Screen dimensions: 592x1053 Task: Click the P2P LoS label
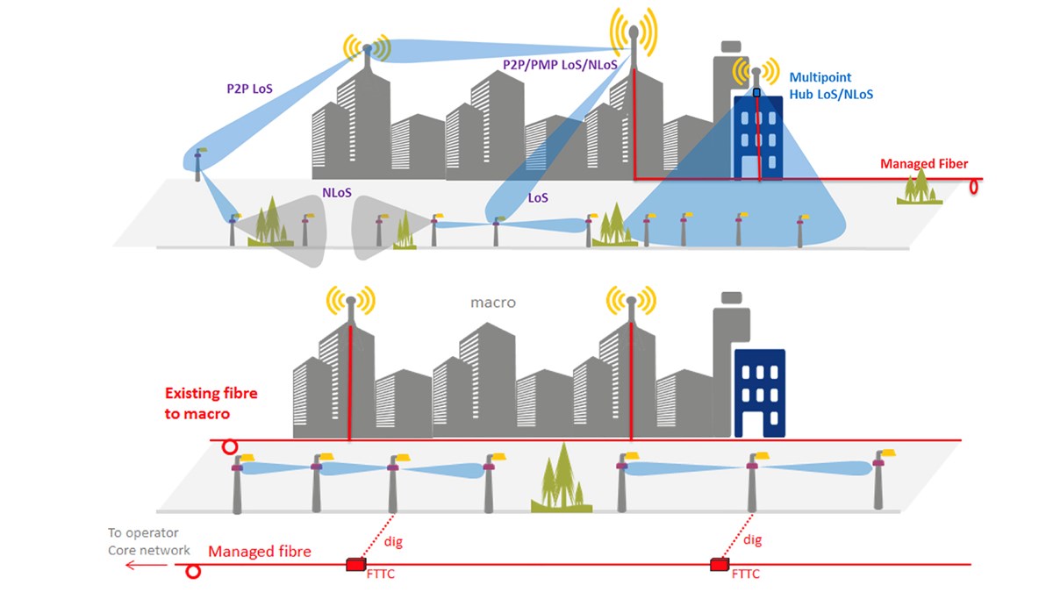[248, 89]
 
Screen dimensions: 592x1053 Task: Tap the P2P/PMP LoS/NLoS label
[560, 65]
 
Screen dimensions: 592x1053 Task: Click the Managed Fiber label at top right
[923, 164]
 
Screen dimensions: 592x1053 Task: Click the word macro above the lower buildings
[493, 303]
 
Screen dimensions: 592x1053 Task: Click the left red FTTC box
[356, 564]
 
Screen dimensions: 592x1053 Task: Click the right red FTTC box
[720, 564]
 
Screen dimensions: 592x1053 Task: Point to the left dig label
[393, 542]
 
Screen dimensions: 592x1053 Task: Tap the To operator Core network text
[142, 541]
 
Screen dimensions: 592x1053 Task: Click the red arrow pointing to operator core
[146, 565]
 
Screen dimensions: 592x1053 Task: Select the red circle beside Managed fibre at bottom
[193, 572]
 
